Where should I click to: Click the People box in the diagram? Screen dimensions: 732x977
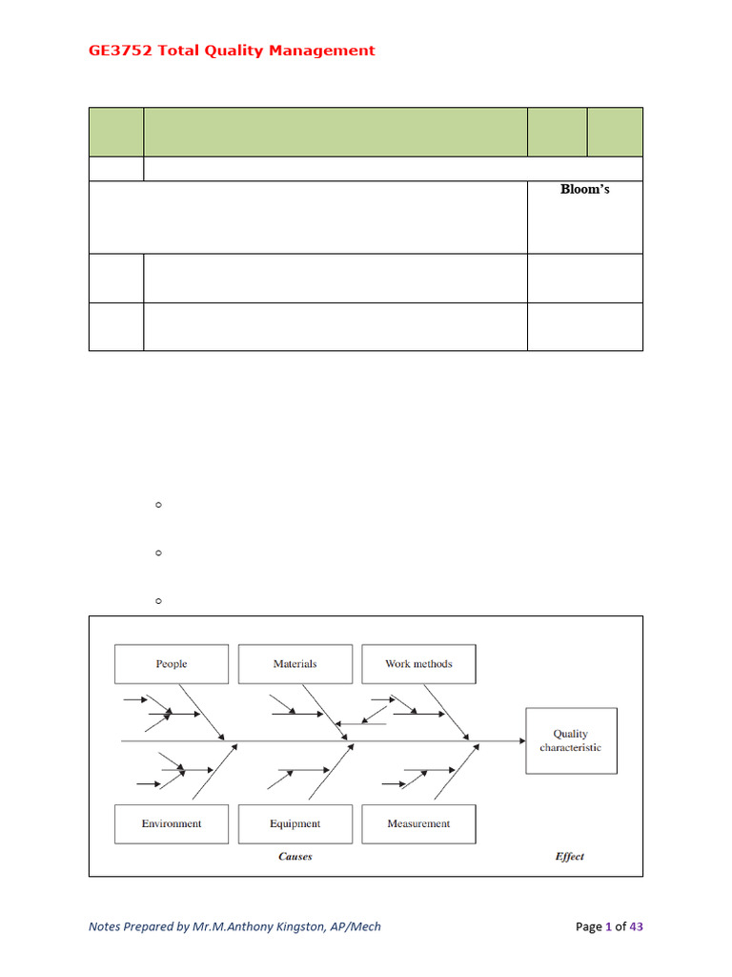pyautogui.click(x=172, y=664)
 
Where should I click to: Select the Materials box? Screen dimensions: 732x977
pyautogui.click(x=295, y=664)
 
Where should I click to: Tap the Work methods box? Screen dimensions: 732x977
pyautogui.click(x=418, y=664)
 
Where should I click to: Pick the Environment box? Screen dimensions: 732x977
pyautogui.click(x=172, y=824)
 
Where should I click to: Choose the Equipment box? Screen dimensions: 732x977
pyautogui.click(x=295, y=824)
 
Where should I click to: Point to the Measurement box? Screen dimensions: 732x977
pyautogui.click(x=418, y=824)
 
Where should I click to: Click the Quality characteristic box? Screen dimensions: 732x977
pyautogui.click(x=571, y=740)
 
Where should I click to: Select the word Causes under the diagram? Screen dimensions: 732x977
pyautogui.click(x=295, y=857)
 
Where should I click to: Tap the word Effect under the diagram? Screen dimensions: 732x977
pyautogui.click(x=570, y=857)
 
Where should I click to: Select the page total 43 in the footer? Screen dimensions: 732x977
pyautogui.click(x=647, y=926)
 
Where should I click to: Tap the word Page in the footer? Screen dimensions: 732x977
pyautogui.click(x=589, y=926)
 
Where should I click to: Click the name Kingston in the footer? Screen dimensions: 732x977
pyautogui.click(x=299, y=926)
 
